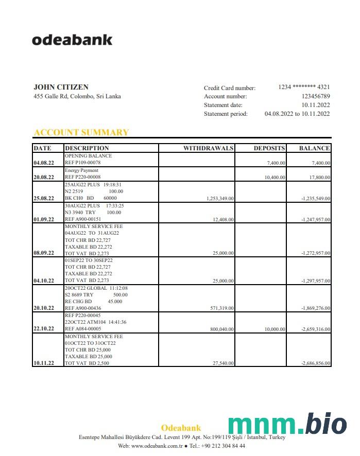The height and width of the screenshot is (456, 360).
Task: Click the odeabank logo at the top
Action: point(72,40)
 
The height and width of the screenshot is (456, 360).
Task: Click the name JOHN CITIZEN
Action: point(61,87)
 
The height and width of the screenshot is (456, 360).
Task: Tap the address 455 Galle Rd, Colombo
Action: point(77,96)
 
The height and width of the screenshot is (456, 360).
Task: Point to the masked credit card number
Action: point(304,87)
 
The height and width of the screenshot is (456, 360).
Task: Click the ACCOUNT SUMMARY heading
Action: point(81,132)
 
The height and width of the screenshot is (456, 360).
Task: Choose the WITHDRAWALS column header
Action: point(209,148)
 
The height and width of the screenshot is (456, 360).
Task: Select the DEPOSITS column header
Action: point(269,148)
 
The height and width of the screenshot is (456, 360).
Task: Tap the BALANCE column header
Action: point(314,148)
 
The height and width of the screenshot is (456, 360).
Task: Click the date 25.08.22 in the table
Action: point(44,198)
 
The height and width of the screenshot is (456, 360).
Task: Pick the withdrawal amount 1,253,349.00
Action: point(220,198)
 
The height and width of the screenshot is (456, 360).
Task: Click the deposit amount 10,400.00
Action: point(275,177)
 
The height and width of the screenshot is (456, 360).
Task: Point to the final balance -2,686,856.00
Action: point(316,363)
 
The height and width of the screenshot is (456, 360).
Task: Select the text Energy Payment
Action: point(81,170)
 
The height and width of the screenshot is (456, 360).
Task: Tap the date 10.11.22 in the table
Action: point(44,363)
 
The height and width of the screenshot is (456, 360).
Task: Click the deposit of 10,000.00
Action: point(275,329)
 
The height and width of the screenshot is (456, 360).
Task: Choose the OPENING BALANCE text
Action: point(88,156)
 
